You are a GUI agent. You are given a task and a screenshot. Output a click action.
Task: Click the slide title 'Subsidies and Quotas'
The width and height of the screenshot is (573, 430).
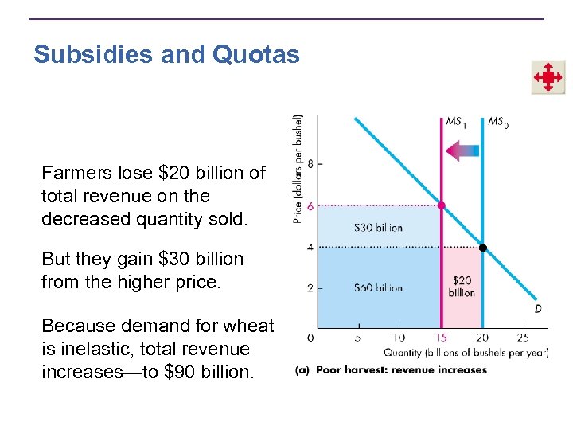(166, 55)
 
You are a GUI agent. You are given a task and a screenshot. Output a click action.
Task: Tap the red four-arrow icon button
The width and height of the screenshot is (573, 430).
(548, 77)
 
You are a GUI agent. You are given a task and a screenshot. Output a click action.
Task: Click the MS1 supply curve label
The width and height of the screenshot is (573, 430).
(455, 122)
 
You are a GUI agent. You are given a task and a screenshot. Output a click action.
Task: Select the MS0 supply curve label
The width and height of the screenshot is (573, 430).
(498, 122)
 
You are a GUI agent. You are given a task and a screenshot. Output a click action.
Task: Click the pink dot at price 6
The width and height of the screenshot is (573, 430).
(442, 205)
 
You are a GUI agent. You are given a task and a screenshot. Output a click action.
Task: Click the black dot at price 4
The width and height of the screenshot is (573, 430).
(482, 248)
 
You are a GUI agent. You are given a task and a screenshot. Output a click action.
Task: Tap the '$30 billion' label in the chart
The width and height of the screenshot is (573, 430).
(378, 227)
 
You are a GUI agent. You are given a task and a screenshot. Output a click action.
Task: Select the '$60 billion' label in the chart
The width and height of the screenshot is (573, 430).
(378, 287)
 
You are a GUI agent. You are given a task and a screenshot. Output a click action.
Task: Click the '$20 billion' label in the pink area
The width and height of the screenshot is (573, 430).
(462, 287)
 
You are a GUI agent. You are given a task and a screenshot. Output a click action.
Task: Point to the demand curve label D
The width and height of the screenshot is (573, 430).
(538, 308)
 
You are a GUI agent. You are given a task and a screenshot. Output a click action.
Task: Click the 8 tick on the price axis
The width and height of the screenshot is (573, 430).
(310, 163)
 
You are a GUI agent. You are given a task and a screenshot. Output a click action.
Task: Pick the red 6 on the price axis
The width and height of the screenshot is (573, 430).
(310, 205)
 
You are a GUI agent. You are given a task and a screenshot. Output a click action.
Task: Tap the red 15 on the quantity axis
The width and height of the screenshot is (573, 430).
(441, 338)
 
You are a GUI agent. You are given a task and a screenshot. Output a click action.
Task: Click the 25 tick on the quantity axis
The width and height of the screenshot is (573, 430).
(523, 338)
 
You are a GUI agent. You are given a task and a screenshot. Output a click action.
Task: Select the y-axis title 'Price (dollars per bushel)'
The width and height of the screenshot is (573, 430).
(298, 167)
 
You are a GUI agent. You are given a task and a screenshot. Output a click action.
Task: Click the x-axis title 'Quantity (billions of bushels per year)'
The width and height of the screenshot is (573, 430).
(466, 353)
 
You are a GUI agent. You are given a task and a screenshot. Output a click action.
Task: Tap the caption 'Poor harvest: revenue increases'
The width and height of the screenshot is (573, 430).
(401, 370)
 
